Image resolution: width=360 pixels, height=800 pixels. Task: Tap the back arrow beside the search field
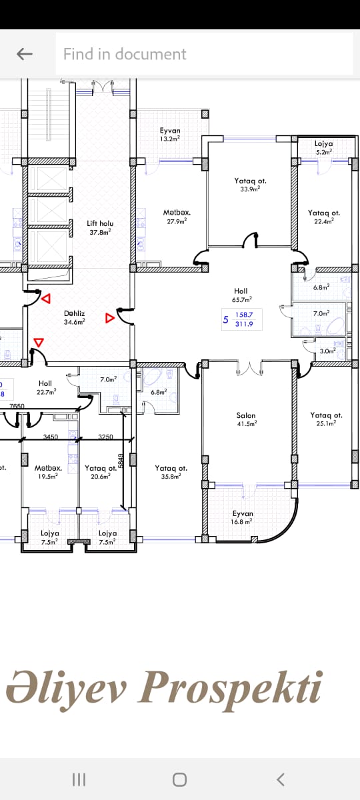[24, 54]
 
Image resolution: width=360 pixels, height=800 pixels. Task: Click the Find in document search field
[204, 54]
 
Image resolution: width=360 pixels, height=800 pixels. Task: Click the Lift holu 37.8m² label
[100, 228]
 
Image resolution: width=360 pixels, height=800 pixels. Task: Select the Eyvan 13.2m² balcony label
[170, 135]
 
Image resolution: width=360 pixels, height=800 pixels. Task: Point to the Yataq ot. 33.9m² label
[250, 185]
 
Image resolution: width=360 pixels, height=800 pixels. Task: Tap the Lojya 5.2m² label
[323, 147]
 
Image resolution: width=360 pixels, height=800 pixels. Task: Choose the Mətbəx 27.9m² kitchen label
[177, 217]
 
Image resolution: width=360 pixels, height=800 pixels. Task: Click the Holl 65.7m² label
[242, 295]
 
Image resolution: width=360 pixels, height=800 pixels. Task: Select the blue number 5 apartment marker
[225, 319]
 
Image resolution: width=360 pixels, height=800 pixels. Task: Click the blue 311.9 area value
[244, 324]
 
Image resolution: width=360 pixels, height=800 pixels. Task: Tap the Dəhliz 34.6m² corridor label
[74, 317]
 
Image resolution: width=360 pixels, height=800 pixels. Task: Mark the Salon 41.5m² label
[247, 419]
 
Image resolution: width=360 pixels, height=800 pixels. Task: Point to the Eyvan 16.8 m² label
[243, 517]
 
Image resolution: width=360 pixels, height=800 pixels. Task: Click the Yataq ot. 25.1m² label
[326, 419]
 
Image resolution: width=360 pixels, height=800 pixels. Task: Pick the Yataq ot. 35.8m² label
[171, 472]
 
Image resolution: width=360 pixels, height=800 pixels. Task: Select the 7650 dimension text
[17, 406]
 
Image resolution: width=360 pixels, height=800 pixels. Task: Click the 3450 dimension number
[51, 437]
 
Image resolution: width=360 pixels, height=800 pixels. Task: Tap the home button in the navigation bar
[179, 779]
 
